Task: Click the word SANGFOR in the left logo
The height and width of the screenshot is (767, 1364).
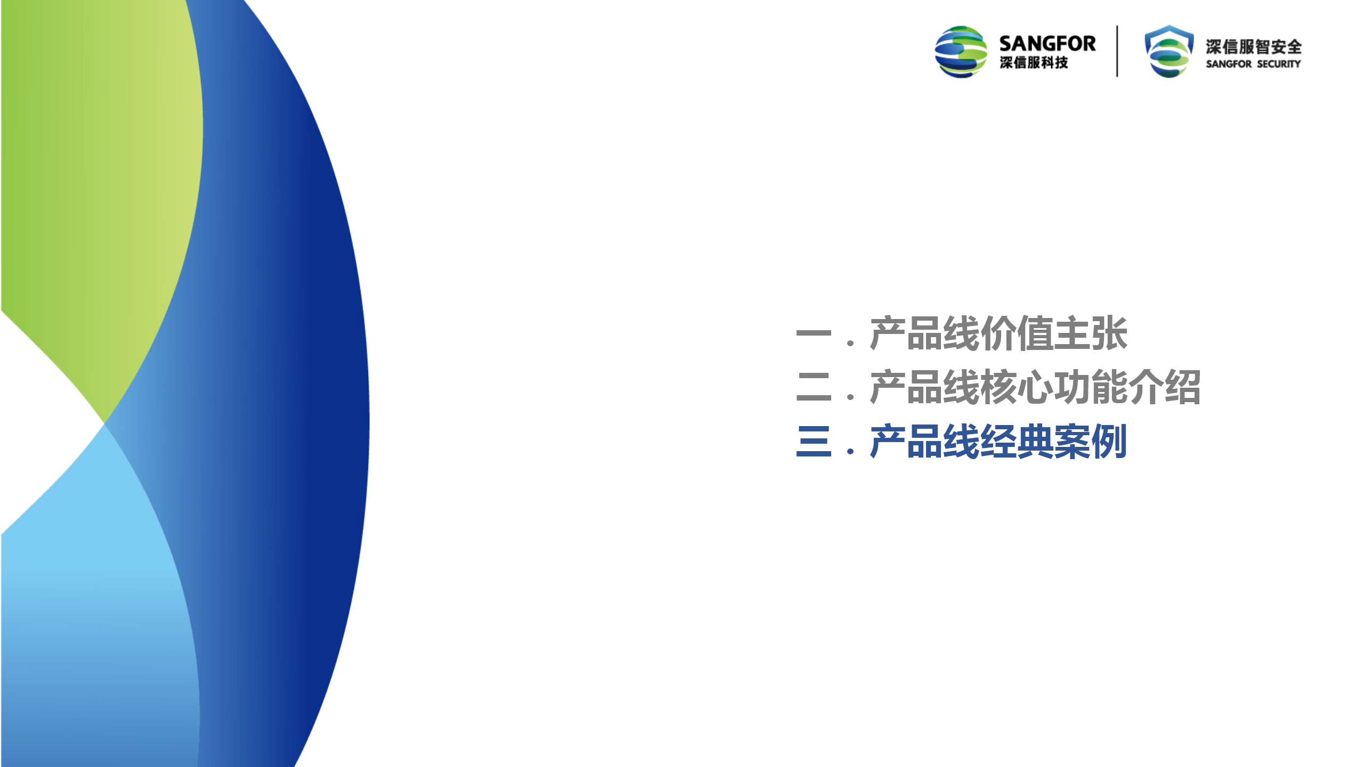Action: coord(1047,43)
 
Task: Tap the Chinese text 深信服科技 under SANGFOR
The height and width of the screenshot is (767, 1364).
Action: coord(1034,63)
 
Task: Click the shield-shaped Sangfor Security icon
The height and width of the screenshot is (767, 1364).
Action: coord(1169,51)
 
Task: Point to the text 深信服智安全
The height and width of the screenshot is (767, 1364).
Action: coord(1254,47)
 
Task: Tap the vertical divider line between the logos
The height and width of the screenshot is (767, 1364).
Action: coord(1117,51)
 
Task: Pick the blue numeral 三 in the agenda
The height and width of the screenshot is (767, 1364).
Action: coord(814,442)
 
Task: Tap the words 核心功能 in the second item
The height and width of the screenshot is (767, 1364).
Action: coord(1054,387)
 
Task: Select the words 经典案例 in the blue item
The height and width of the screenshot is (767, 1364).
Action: coord(1053,442)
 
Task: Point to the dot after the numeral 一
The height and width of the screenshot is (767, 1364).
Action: coord(850,344)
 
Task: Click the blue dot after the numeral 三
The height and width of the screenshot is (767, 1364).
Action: coord(850,451)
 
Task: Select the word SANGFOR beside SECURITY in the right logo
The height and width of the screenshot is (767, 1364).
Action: coord(1229,64)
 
